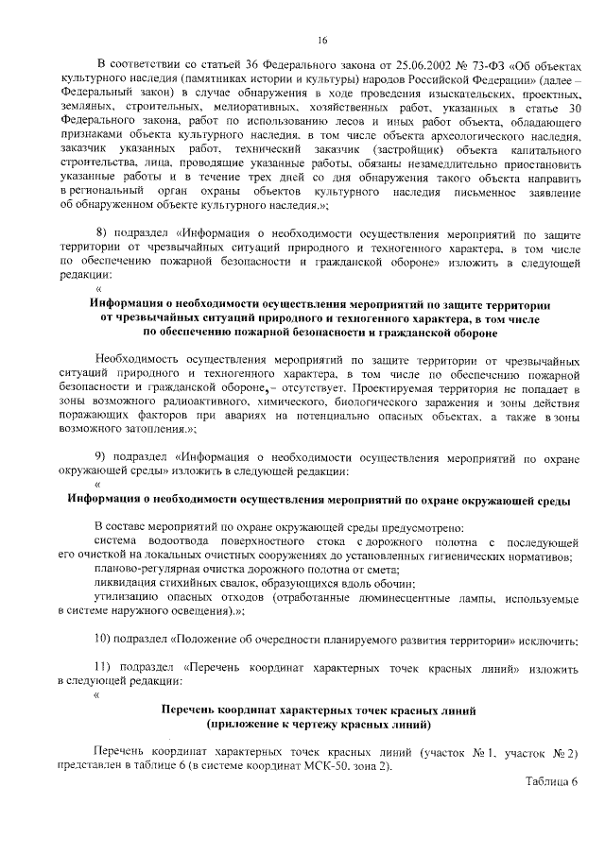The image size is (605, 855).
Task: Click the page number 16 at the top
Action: (x=321, y=40)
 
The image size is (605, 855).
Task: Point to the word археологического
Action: (x=458, y=137)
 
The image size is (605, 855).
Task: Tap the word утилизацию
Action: (x=125, y=599)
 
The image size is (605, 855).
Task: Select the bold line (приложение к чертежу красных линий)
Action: (x=320, y=725)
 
